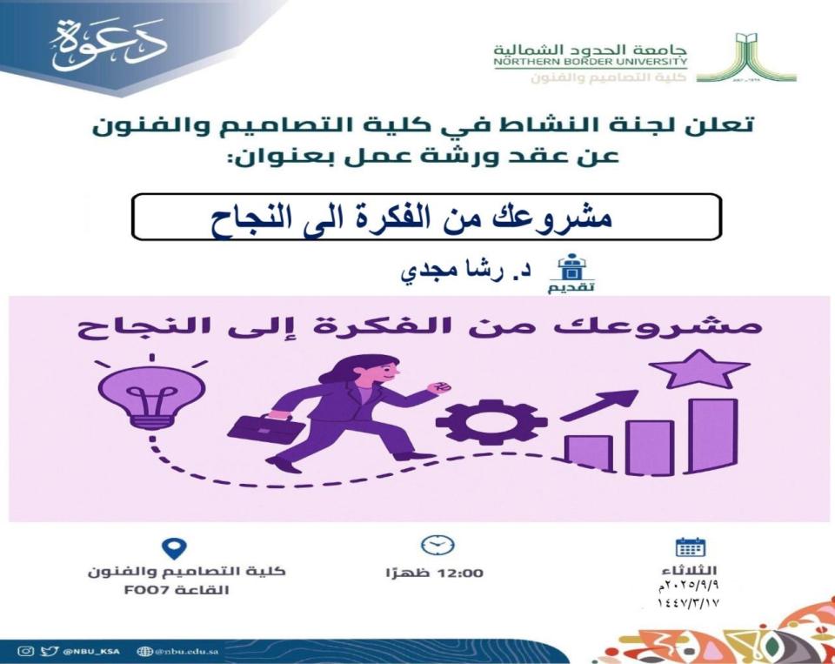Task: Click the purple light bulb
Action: coord(152,397)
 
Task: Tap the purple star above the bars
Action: coord(699,370)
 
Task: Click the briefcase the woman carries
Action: coord(265,428)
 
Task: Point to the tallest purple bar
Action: coord(713,436)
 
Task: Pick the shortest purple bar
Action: coord(589,454)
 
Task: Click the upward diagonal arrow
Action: coord(599,405)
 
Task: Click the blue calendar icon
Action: coord(690,547)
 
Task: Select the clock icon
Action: coord(438,545)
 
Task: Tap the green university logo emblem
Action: coord(746,57)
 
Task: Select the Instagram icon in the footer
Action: coord(25,651)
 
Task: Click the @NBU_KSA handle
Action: coord(91,651)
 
